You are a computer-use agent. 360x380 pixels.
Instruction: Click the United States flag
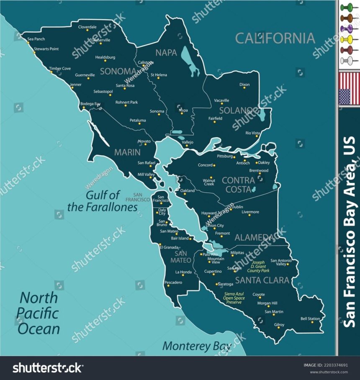pyautogui.click(x=349, y=88)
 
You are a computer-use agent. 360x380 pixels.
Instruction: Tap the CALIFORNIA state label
pyautogui.click(x=275, y=38)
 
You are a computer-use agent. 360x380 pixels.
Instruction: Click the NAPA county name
pyautogui.click(x=166, y=53)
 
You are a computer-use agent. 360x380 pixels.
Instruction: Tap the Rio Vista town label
pyautogui.click(x=253, y=133)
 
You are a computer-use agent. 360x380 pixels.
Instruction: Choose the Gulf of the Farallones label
pyautogui.click(x=103, y=201)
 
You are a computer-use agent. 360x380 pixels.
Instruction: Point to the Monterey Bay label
pyautogui.click(x=197, y=346)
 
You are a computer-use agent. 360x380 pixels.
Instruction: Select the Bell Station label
pyautogui.click(x=310, y=318)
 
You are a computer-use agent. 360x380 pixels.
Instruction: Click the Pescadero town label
pyautogui.click(x=173, y=282)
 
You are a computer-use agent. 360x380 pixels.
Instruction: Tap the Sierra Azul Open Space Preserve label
pyautogui.click(x=234, y=298)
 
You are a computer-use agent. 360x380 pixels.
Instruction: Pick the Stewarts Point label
pyautogui.click(x=46, y=49)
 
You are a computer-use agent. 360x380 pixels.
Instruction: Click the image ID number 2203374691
pyautogui.click(x=332, y=365)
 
